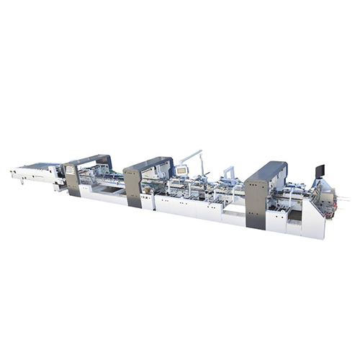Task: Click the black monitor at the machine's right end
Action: [320, 171]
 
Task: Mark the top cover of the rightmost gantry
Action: [268, 170]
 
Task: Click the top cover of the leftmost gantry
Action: [88, 158]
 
